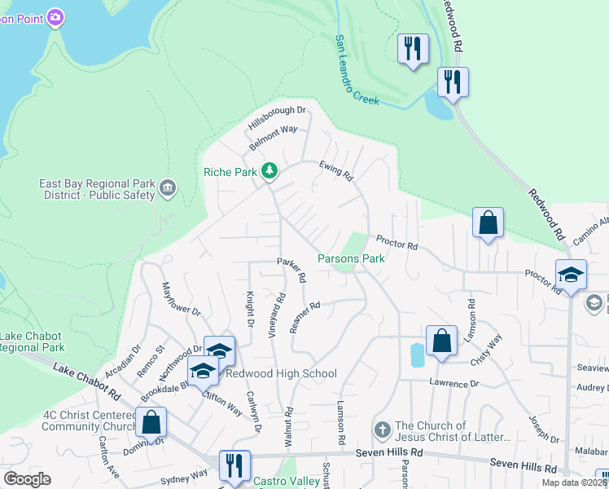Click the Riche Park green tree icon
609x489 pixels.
269,171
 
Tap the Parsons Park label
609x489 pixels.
350,258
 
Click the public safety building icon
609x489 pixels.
169,189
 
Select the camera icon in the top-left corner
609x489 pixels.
55,17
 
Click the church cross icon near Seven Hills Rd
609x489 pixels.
383,429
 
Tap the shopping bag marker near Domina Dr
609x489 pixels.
151,422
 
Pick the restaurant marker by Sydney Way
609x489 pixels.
234,465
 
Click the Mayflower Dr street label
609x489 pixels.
181,299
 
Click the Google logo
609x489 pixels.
27,479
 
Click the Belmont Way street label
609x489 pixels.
274,134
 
